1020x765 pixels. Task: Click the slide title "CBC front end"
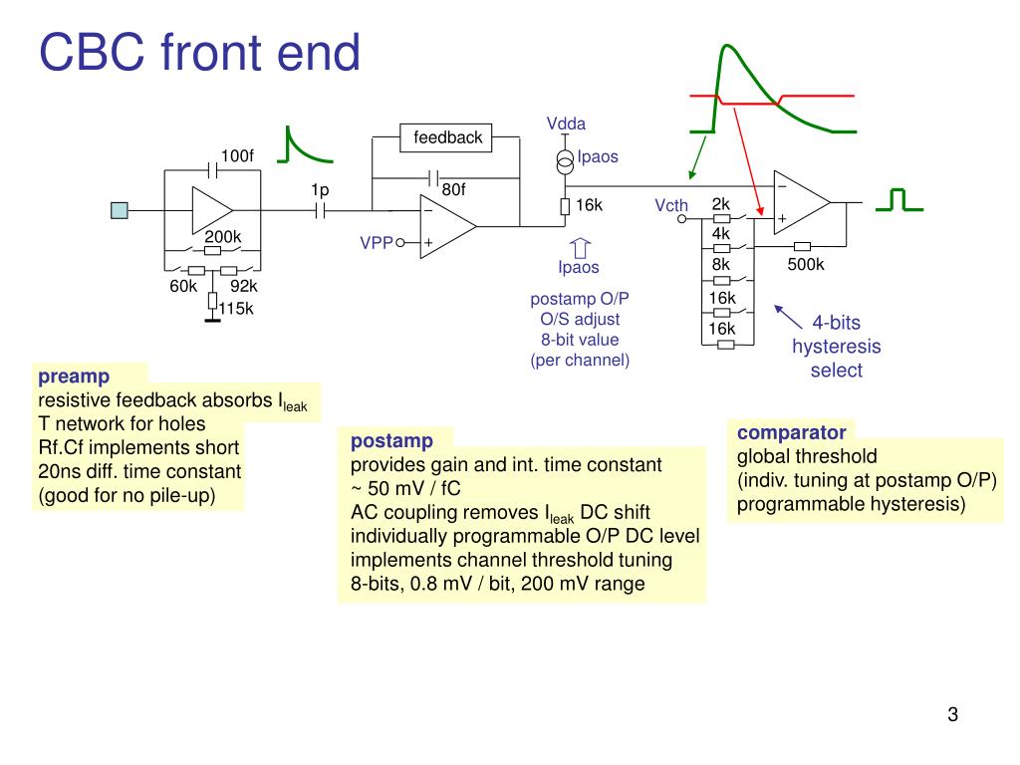(199, 52)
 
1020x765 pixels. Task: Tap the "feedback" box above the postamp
(447, 137)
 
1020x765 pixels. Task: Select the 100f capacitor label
(237, 155)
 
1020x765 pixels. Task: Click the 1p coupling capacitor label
(319, 189)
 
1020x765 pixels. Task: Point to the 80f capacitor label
(453, 189)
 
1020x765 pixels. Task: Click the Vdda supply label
(566, 124)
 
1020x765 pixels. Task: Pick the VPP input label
(376, 242)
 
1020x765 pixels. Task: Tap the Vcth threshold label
(671, 205)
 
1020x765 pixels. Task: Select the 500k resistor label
(806, 264)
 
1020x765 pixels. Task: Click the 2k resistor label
(721, 204)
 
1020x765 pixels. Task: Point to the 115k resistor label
(236, 308)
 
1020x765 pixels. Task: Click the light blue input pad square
(120, 209)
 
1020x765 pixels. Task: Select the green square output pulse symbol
(899, 200)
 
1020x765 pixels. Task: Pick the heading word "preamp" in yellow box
(74, 378)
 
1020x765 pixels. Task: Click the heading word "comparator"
(791, 432)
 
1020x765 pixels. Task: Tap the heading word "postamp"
(391, 440)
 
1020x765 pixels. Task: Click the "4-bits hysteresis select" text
(836, 347)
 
